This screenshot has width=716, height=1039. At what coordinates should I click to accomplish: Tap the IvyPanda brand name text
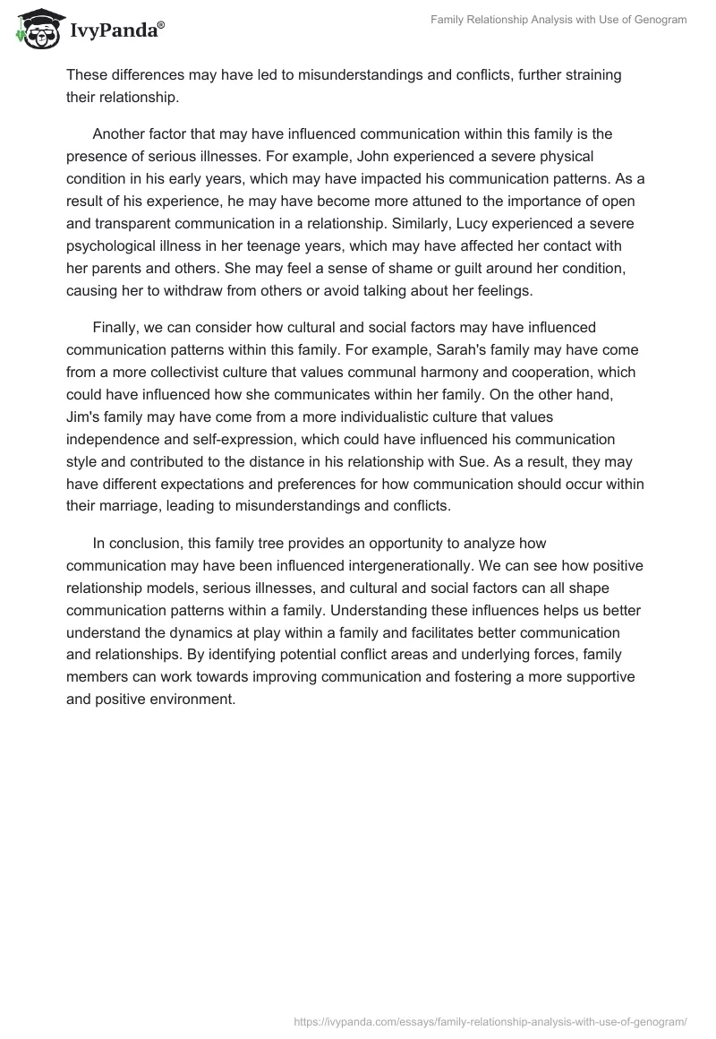(x=114, y=32)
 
